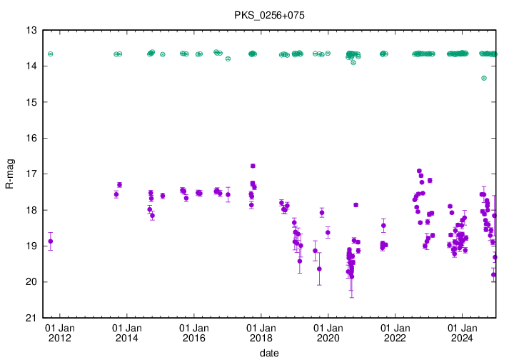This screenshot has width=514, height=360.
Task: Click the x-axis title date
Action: click(x=269, y=353)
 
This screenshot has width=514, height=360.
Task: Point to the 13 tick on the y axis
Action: click(x=32, y=31)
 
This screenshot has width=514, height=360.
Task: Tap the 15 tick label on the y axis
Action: click(x=32, y=102)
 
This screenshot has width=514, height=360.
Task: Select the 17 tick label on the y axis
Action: click(x=32, y=174)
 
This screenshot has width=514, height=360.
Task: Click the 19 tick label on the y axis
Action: click(x=32, y=246)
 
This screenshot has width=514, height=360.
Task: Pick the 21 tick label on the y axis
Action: click(x=32, y=318)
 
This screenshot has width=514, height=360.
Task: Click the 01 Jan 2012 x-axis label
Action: click(x=60, y=333)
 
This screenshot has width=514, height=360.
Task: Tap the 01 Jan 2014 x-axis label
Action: click(x=127, y=333)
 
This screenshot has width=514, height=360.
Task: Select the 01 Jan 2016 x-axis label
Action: click(x=194, y=333)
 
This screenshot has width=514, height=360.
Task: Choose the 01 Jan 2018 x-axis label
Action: click(x=261, y=333)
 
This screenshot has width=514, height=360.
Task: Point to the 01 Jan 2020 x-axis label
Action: click(x=328, y=333)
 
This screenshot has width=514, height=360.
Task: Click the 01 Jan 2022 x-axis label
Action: click(x=395, y=333)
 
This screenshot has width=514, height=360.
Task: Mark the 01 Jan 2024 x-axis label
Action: click(x=462, y=333)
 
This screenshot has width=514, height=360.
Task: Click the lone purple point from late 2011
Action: click(x=50, y=241)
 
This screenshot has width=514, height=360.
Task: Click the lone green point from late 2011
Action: click(x=51, y=54)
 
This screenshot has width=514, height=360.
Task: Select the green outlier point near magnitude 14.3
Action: click(x=484, y=78)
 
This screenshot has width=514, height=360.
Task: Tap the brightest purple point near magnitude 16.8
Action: click(x=253, y=166)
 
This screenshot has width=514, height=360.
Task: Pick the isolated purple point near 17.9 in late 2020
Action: click(x=356, y=205)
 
